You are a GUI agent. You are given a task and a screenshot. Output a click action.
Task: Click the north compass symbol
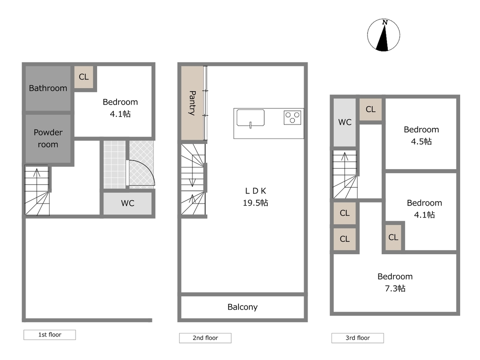click(384, 35)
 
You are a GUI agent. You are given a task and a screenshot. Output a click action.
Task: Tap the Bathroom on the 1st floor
click(48, 88)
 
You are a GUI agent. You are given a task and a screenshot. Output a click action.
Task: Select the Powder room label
click(48, 138)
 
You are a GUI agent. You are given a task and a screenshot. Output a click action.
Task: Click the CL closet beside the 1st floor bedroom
click(84, 77)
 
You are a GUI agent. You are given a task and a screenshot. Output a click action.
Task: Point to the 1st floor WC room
click(128, 203)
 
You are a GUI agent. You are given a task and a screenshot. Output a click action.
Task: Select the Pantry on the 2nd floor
click(192, 103)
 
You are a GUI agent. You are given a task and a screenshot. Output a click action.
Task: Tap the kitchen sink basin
click(251, 118)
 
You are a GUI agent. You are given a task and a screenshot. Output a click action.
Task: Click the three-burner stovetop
click(292, 117)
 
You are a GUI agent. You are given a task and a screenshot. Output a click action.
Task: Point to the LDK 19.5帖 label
click(256, 197)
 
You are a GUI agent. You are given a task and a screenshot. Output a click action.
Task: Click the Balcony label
click(242, 307)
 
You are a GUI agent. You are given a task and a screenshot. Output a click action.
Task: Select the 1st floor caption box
click(49, 335)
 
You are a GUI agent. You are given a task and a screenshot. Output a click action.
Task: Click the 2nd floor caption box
click(205, 338)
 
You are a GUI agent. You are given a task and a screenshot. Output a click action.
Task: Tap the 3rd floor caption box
click(358, 338)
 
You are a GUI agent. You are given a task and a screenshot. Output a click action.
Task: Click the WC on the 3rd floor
click(345, 122)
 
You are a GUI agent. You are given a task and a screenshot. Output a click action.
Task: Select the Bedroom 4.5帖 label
click(422, 135)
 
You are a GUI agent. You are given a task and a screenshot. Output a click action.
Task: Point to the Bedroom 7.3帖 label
click(395, 282)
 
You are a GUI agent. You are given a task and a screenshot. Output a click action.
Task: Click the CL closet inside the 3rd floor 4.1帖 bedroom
click(393, 238)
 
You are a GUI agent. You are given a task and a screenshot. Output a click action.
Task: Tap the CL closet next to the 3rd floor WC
click(371, 109)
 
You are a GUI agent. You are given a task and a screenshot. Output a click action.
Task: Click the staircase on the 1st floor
click(37, 190)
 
